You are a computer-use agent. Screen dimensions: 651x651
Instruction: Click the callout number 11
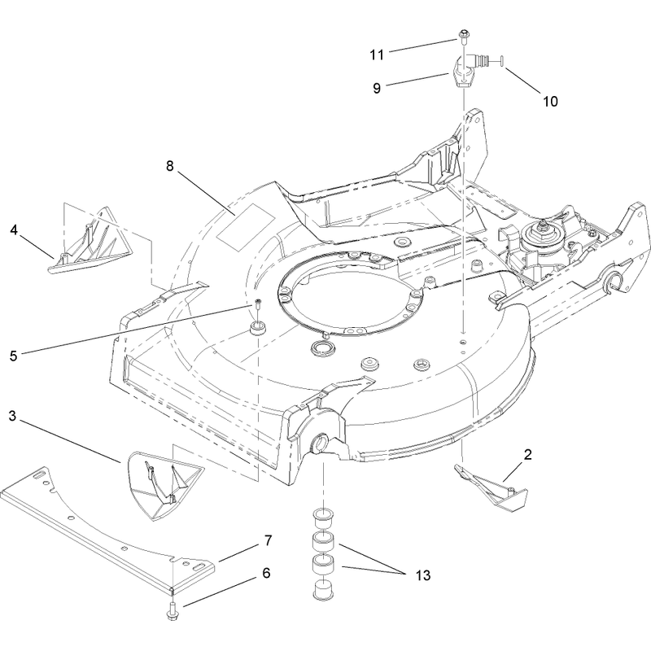377,55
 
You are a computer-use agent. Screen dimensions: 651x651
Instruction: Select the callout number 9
377,88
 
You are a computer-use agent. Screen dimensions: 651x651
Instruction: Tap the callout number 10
551,101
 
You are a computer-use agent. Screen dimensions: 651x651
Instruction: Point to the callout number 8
169,166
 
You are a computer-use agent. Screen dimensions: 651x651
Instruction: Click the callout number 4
14,229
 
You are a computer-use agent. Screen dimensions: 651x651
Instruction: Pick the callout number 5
14,356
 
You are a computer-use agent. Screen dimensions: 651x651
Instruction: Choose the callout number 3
12,416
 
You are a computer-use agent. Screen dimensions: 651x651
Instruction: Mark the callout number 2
527,455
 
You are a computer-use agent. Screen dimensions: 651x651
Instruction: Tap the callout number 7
268,540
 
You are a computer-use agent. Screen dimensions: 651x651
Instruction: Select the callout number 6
266,573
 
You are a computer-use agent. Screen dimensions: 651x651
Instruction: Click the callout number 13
422,575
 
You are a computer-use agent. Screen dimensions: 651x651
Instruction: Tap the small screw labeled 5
258,305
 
